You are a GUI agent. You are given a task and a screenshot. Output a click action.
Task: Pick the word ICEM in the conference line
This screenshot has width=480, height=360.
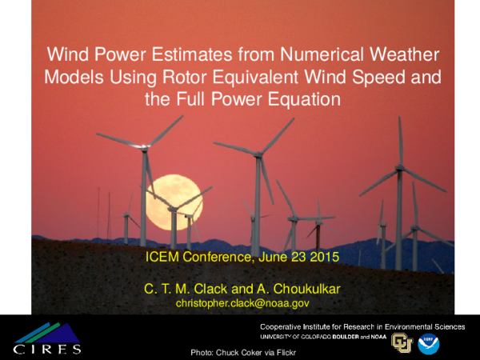pyautogui.click(x=164, y=258)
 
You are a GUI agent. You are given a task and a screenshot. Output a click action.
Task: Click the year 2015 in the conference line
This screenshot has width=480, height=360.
pyautogui.click(x=322, y=258)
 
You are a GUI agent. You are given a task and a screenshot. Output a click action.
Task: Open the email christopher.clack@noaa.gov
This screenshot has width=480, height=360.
pyautogui.click(x=242, y=304)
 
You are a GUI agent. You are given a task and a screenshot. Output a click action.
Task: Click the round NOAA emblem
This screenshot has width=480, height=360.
pyautogui.click(x=428, y=344)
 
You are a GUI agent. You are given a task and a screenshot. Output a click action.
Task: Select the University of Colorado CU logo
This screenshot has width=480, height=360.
pyautogui.click(x=402, y=344)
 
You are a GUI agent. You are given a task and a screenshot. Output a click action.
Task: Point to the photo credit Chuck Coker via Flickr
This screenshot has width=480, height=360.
pyautogui.click(x=240, y=352)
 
